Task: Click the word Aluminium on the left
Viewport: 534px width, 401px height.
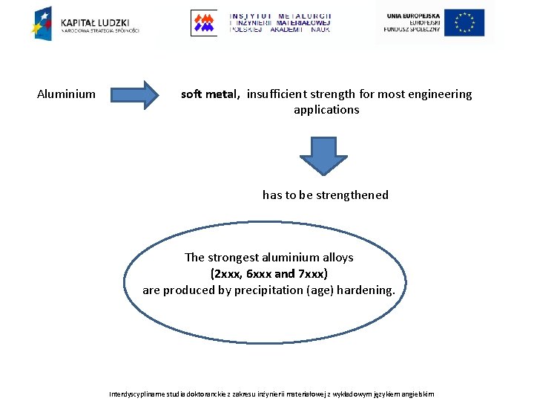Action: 66,94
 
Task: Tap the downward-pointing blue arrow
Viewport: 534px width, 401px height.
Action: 322,154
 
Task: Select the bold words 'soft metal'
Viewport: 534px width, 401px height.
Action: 209,94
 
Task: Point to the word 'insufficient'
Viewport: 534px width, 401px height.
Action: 280,94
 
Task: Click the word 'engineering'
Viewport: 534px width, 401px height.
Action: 438,94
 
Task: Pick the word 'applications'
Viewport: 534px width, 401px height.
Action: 326,110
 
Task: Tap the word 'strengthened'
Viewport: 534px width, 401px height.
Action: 352,195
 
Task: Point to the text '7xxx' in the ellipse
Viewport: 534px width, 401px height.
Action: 311,274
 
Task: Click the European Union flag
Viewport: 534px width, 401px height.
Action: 464,22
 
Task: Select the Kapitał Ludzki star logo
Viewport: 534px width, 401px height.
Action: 42,22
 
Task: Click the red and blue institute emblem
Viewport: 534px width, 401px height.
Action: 203,22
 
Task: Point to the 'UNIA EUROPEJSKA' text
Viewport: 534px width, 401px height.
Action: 412,16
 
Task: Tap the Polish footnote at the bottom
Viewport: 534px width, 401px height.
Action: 271,394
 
